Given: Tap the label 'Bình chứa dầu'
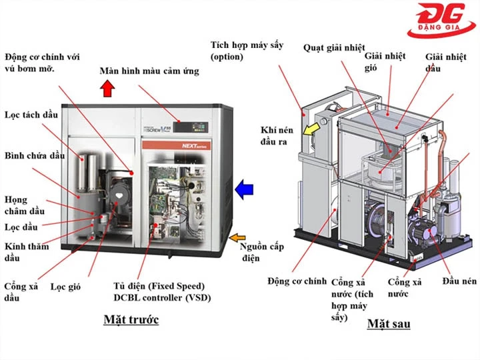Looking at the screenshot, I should coord(34,155).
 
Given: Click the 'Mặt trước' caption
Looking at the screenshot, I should coord(131,319).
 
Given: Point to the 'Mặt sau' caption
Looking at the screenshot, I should coord(389,324).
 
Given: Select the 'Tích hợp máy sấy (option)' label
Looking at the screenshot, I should coord(247,51).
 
